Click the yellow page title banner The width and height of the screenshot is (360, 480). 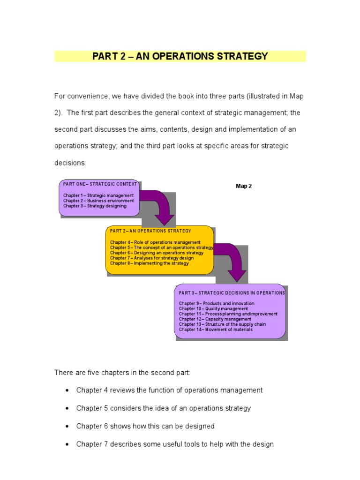click(x=180, y=56)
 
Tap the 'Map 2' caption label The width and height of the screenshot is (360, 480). click(x=244, y=186)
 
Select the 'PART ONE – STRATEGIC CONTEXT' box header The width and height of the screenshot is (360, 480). click(x=100, y=184)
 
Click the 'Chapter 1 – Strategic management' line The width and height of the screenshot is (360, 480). click(x=98, y=195)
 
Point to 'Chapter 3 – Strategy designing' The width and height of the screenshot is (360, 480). click(x=95, y=206)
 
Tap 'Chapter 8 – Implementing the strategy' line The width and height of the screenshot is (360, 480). click(x=150, y=263)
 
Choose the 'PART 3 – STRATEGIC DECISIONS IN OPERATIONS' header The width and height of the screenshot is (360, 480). click(x=232, y=293)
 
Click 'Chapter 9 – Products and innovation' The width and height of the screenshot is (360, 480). click(x=217, y=303)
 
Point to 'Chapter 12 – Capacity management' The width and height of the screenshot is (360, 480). click(x=215, y=319)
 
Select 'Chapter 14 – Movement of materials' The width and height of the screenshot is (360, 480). click(x=216, y=330)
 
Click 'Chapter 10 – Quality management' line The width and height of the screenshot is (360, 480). click(x=213, y=309)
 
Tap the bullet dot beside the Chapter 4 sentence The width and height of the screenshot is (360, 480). click(x=68, y=390)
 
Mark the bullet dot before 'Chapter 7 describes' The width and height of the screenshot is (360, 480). click(x=68, y=444)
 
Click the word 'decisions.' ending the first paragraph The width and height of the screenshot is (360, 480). click(x=70, y=163)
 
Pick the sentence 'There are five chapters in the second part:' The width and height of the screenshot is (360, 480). click(x=122, y=372)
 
